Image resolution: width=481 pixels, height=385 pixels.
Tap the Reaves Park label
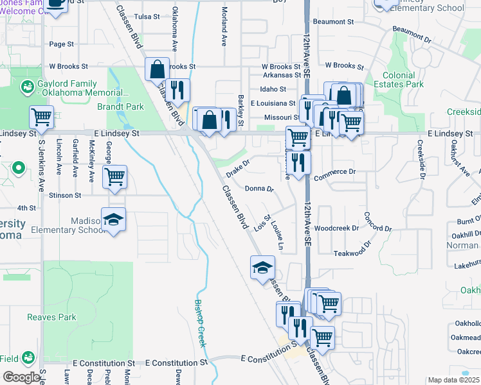tap(51, 317)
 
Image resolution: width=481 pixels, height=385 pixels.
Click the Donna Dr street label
tap(260, 189)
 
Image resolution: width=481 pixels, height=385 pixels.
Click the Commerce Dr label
tap(334, 172)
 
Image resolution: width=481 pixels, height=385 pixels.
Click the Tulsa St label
tap(147, 16)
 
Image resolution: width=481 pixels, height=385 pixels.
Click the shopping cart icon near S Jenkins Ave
tap(41, 117)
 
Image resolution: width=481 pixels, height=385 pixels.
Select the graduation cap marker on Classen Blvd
tap(262, 267)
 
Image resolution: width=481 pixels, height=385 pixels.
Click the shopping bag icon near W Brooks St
tap(158, 68)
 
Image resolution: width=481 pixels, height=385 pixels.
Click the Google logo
tap(21, 377)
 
